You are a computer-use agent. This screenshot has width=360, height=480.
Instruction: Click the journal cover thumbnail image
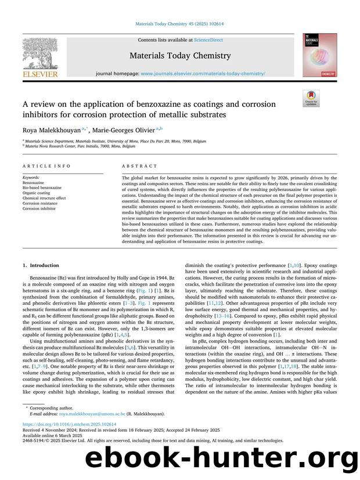[x=319, y=56]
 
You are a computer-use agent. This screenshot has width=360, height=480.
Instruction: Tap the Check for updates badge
[x=311, y=99]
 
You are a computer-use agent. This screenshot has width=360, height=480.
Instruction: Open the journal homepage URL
[x=203, y=74]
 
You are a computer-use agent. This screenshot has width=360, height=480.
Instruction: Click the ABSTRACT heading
[x=134, y=166]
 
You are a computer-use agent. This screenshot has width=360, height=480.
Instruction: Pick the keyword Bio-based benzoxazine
[x=42, y=187]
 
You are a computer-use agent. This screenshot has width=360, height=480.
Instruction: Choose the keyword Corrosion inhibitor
[x=39, y=208]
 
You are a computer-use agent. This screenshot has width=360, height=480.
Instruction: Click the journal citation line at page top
[x=180, y=24]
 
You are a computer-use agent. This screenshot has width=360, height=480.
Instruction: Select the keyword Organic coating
[x=37, y=193]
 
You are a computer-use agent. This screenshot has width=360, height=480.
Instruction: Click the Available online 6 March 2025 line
[x=49, y=435]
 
